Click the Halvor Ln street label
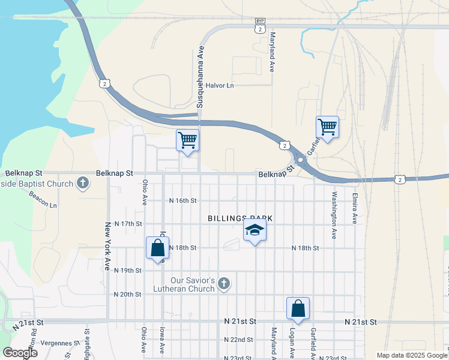coord(219,85)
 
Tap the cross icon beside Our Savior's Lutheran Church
coord(223,283)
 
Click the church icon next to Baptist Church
coord(83,182)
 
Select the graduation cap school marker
coord(255,230)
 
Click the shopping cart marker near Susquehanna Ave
coord(188,141)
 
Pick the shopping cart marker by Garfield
coord(327,127)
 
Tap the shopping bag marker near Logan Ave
coord(298,309)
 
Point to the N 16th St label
coord(183,200)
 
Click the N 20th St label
coord(127,294)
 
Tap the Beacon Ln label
coord(45,205)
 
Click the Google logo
coord(19,353)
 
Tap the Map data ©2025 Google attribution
coord(411,355)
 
